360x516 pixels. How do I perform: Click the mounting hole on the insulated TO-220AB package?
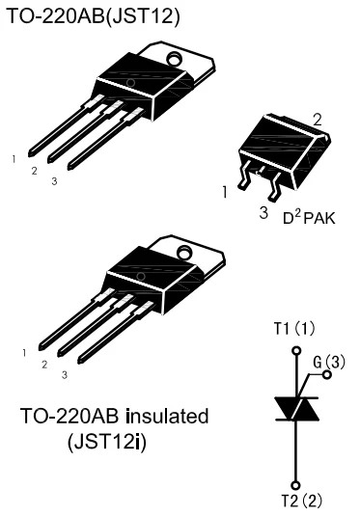174,253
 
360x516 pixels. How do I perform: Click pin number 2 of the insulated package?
42,365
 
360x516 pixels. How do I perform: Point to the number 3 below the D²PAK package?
263,210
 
